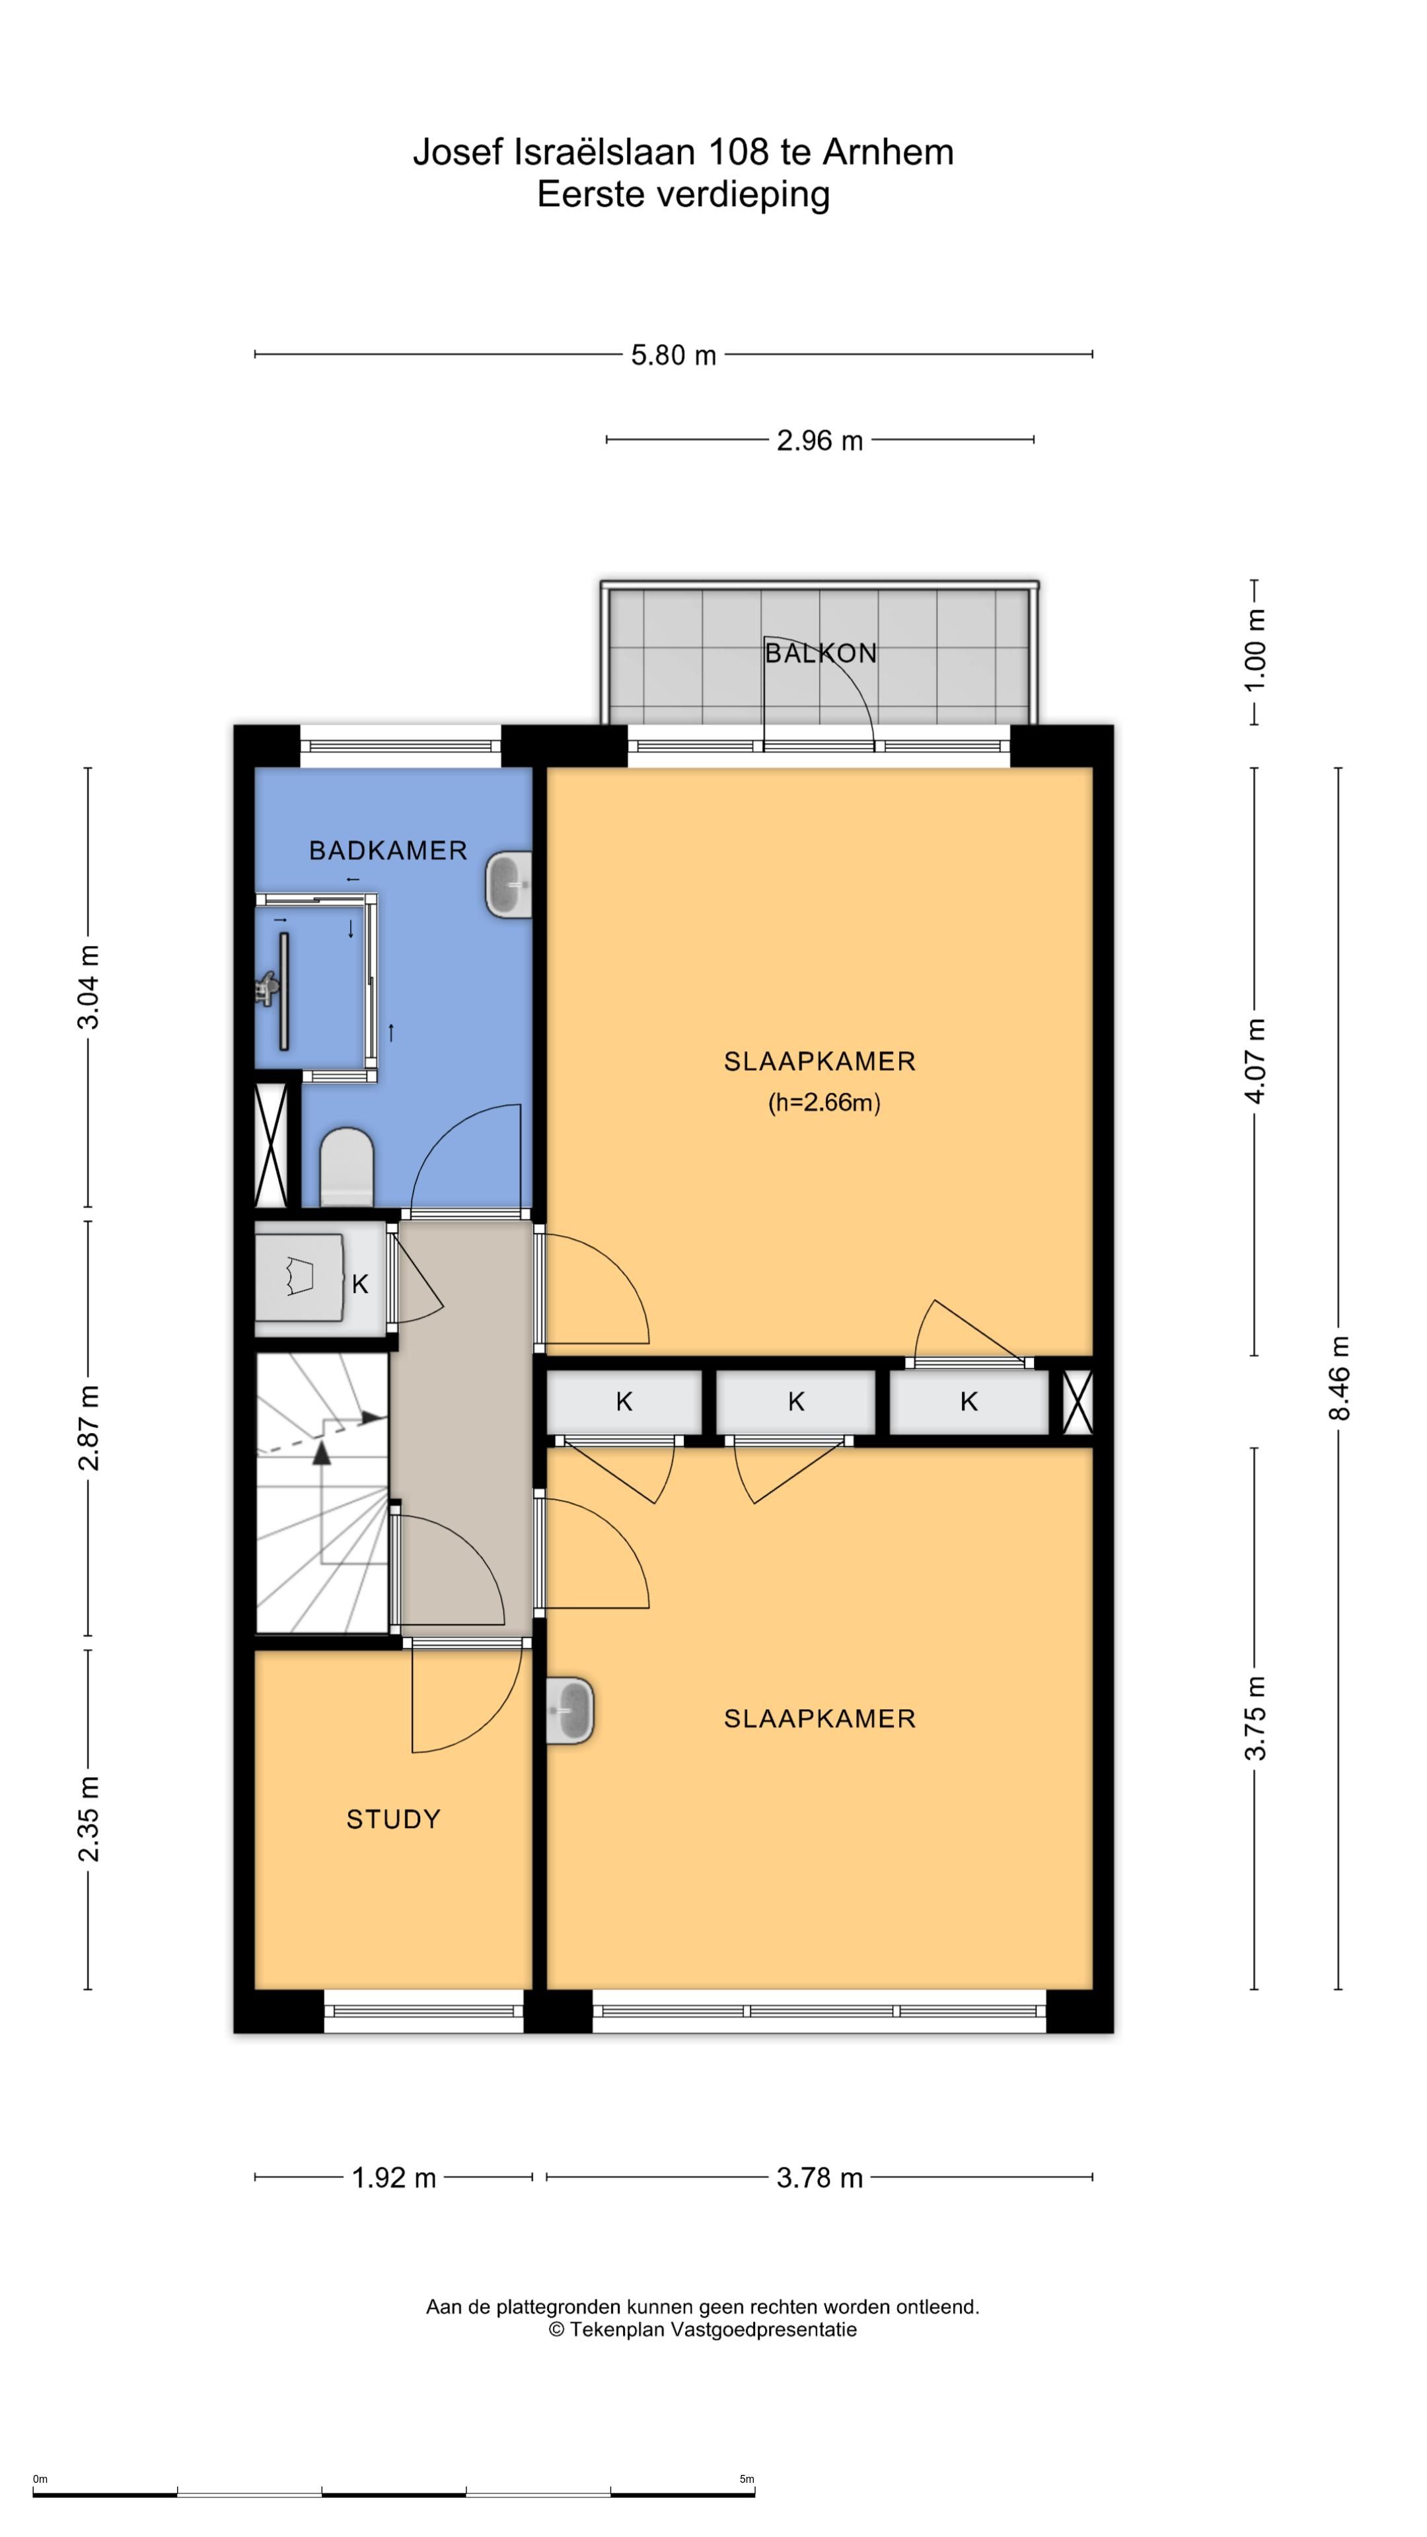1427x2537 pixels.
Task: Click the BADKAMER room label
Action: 388,850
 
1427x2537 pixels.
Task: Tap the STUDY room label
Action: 393,1819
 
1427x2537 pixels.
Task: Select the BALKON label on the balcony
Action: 821,653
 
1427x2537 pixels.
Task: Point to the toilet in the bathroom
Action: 347,1167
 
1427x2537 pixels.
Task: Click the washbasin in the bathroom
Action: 509,885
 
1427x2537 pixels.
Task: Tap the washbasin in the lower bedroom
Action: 570,1710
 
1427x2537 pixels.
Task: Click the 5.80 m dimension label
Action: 674,355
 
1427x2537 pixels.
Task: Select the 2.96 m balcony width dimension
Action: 819,440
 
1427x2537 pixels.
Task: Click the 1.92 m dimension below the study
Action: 394,2178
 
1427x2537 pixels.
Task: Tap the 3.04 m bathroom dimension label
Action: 89,987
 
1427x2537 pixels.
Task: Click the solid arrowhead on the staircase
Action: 372,1418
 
